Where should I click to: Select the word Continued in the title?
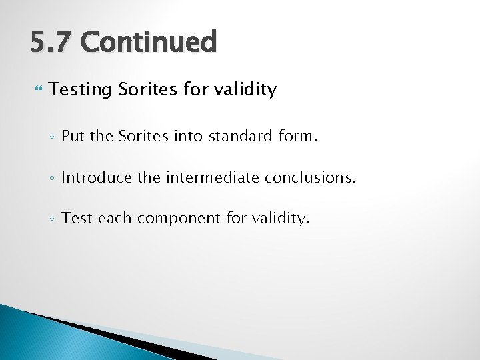coord(149,42)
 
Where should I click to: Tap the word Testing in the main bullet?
coord(80,90)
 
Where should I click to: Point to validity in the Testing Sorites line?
coord(244,89)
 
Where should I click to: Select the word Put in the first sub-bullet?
coord(73,137)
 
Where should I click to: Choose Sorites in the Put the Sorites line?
coord(143,137)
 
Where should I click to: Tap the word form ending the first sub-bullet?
coord(297,137)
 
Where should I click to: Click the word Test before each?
coord(77,219)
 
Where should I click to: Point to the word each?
coord(114,219)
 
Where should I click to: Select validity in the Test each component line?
coord(278,219)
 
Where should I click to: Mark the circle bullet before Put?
coord(53,138)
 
